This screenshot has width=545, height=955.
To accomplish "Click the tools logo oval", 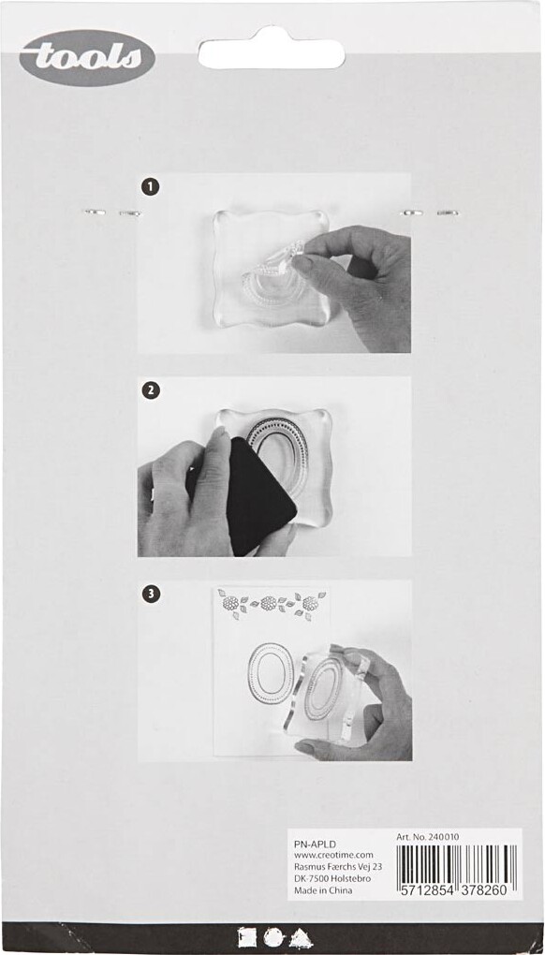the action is tap(87, 58).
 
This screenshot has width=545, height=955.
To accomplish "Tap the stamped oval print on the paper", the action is tap(271, 673).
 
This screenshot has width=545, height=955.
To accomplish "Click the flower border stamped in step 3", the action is tap(271, 604).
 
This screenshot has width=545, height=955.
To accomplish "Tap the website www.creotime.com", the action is tap(333, 855).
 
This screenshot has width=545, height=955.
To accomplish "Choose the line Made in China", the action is tap(323, 890).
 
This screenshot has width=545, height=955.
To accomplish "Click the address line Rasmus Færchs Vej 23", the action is tap(338, 867).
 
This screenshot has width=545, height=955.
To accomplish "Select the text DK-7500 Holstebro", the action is tap(332, 879).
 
